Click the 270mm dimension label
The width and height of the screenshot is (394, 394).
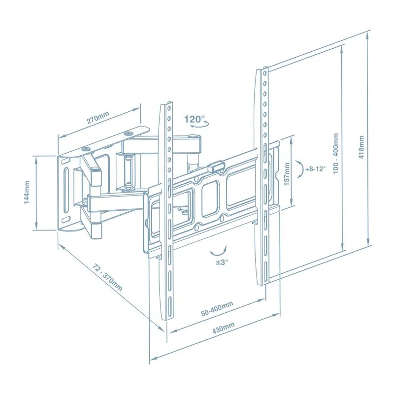(98, 118)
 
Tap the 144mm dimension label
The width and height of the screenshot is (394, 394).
(27, 193)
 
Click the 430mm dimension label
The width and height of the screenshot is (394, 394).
(223, 328)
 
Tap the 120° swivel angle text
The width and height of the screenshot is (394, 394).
(194, 119)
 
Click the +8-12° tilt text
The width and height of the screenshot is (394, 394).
(315, 168)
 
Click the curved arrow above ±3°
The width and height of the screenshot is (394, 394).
(217, 251)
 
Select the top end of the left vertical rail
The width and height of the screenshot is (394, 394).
(167, 105)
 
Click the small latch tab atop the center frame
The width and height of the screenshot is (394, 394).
(215, 167)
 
